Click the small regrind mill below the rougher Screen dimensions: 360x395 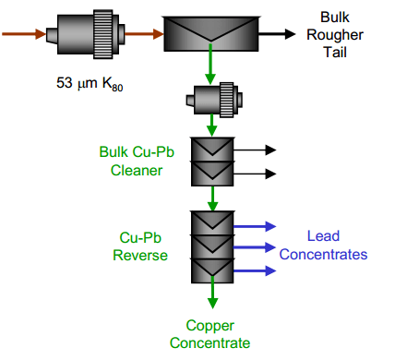(x=214, y=98)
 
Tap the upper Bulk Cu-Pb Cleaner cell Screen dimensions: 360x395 (x=213, y=149)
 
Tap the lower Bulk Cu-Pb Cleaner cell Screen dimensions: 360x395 (x=213, y=172)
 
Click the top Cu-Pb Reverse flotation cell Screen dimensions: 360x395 (x=213, y=223)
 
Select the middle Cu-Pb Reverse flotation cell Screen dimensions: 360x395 (x=213, y=246)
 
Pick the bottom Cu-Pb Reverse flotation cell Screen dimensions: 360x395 (x=213, y=270)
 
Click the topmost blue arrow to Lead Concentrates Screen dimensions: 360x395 (x=255, y=224)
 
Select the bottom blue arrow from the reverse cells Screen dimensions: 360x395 (x=255, y=270)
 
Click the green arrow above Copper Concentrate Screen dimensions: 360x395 (x=213, y=297)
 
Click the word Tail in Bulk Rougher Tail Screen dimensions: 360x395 (x=334, y=53)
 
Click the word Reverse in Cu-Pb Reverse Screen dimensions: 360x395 (x=138, y=254)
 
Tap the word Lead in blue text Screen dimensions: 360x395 (x=323, y=237)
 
